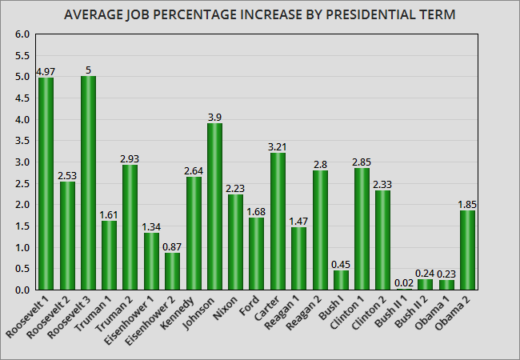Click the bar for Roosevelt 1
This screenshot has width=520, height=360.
pyautogui.click(x=46, y=184)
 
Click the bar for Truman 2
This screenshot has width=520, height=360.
pyautogui.click(x=130, y=227)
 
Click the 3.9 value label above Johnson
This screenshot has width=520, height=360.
pyautogui.click(x=214, y=117)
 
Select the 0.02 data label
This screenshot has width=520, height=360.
pyautogui.click(x=404, y=282)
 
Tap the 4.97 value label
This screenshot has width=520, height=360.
pyautogui.click(x=46, y=72)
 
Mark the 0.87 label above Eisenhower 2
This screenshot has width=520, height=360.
pyautogui.click(x=173, y=246)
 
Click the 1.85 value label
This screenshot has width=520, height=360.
pyautogui.click(x=467, y=205)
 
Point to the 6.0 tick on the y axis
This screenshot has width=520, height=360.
pyautogui.click(x=22, y=34)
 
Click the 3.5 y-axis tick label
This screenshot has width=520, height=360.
pyautogui.click(x=22, y=141)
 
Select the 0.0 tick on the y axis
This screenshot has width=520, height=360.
pyautogui.click(x=22, y=290)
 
